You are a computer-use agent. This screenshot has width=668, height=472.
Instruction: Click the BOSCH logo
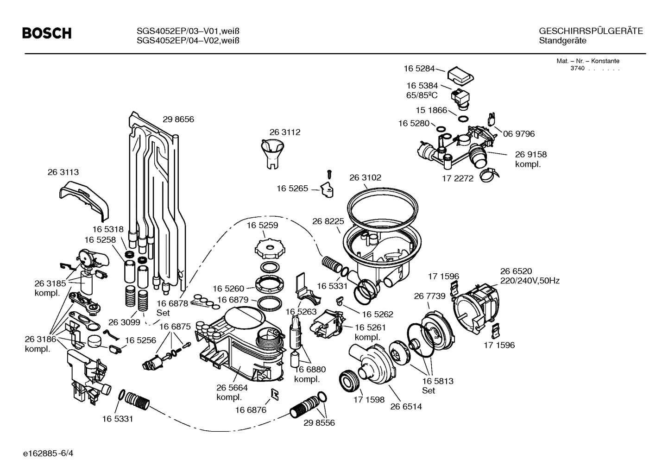pyautogui.click(x=47, y=33)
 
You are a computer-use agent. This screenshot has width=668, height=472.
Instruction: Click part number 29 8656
pyautogui.click(x=178, y=120)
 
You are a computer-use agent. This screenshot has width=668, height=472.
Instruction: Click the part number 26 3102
pyautogui.click(x=365, y=178)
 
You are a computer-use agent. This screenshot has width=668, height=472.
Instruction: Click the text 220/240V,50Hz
pyautogui.click(x=529, y=281)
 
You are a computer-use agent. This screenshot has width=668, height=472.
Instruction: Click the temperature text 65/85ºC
pyautogui.click(x=422, y=95)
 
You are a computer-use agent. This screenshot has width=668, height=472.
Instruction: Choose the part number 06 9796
pyautogui.click(x=519, y=134)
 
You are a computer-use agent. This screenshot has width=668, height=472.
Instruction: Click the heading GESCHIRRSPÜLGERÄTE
pyautogui.click(x=591, y=31)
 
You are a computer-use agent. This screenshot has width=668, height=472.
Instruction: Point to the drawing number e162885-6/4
pyautogui.click(x=49, y=453)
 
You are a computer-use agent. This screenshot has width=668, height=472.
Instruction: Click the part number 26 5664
pyautogui.click(x=232, y=388)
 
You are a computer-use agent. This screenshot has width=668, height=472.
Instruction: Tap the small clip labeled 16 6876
pyautogui.click(x=274, y=394)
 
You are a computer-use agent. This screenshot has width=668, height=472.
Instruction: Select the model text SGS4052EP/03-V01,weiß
pyautogui.click(x=188, y=31)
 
